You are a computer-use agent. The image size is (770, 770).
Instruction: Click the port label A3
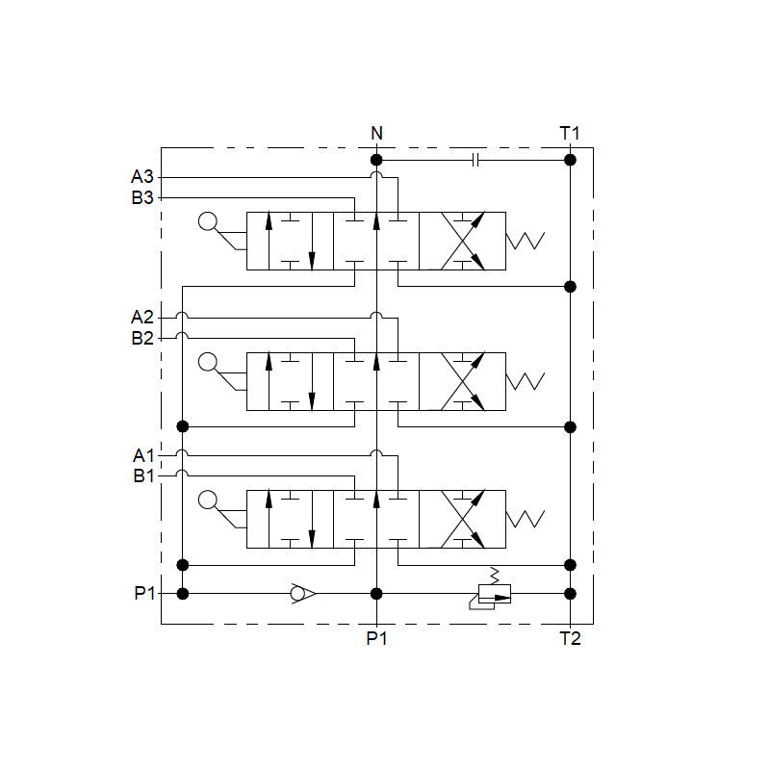[x=141, y=176]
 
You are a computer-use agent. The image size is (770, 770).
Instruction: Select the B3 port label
[x=142, y=197]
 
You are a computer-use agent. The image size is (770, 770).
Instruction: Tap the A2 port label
[x=141, y=318]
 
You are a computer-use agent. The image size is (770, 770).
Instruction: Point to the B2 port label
[x=142, y=338]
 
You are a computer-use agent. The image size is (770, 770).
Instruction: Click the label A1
[x=143, y=455]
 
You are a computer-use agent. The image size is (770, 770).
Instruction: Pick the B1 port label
[x=143, y=475]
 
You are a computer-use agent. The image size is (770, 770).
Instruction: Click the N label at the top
[x=376, y=133]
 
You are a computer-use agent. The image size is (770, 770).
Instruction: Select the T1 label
[x=570, y=133]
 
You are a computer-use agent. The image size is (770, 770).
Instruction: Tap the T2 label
[x=570, y=638]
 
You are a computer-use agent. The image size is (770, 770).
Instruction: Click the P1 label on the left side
[x=144, y=593]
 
